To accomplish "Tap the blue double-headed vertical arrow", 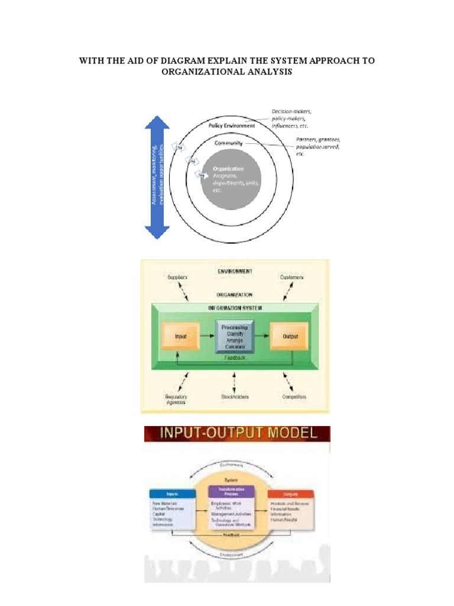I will [x=157, y=178].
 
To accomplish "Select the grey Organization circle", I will [x=231, y=178].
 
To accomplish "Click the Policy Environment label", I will [x=232, y=125].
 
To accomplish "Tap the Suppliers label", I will [x=177, y=277].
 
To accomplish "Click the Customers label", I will [x=291, y=277].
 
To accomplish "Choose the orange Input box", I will [x=179, y=337].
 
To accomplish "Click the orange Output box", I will [x=290, y=337].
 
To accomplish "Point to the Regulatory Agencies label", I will [x=176, y=399].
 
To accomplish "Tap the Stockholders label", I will [x=235, y=397].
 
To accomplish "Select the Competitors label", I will [x=294, y=397].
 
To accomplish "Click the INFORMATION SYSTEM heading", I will [x=235, y=308].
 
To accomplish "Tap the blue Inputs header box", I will [x=171, y=493].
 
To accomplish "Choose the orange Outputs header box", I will [x=291, y=494].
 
